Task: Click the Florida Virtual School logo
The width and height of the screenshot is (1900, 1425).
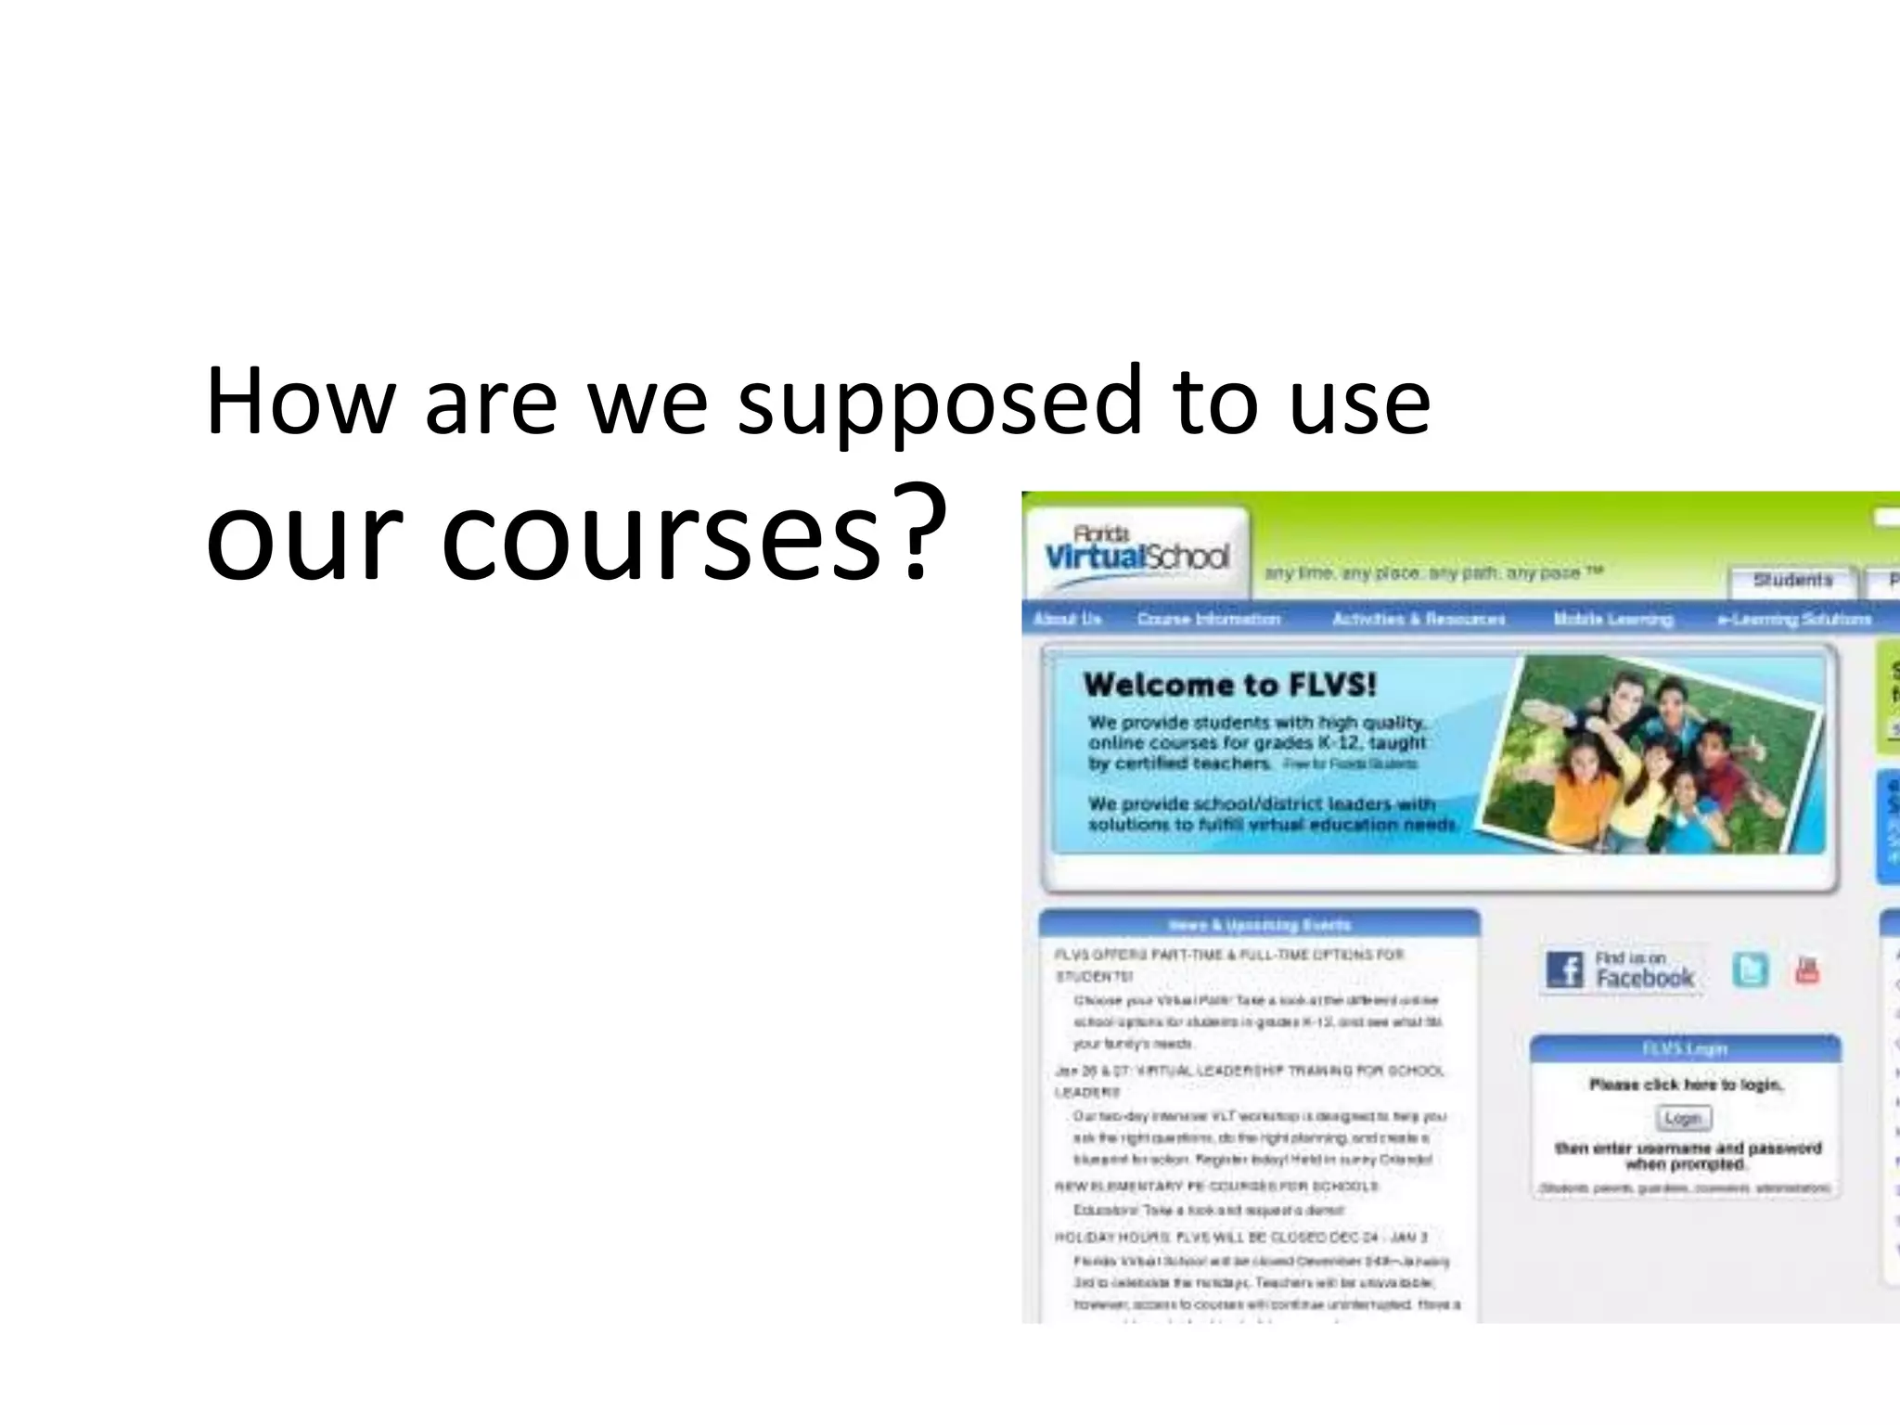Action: click(1137, 554)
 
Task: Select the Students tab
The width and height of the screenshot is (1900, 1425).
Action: click(1792, 581)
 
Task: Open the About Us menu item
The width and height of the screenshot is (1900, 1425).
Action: click(1067, 619)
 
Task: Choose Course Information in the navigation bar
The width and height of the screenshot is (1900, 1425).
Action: click(1209, 619)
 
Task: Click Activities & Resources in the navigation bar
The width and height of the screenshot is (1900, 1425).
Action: click(1419, 619)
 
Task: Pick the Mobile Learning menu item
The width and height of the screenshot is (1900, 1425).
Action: click(1613, 619)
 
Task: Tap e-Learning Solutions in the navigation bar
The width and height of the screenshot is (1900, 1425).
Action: click(1794, 619)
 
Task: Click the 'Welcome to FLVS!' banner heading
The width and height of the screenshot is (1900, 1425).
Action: click(1229, 686)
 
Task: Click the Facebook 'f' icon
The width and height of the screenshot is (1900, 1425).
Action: click(1565, 970)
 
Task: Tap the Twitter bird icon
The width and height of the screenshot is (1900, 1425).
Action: click(1750, 970)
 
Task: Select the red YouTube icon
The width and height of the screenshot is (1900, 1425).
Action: click(1806, 970)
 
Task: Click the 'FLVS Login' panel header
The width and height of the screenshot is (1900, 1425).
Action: click(1685, 1049)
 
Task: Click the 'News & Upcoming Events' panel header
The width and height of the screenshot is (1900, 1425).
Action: click(1259, 925)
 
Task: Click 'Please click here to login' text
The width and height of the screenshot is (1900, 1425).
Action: click(1685, 1085)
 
